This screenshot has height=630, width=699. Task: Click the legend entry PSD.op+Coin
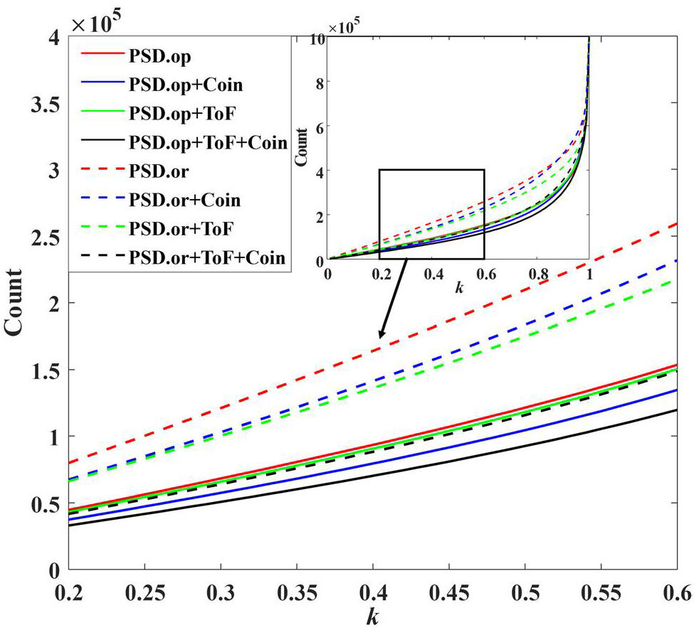[x=186, y=85]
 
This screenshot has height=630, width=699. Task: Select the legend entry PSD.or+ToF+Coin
[x=207, y=257]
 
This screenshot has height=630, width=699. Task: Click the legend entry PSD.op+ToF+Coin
[x=207, y=142]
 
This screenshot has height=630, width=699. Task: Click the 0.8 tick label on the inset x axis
[x=537, y=272]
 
